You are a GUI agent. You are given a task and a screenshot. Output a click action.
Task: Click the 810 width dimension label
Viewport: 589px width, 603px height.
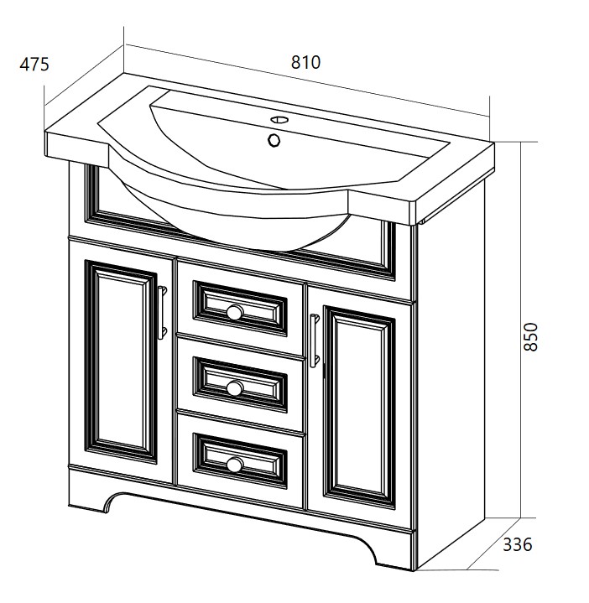pos(305,62)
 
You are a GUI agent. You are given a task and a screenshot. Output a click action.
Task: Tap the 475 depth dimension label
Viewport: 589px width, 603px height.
pos(34,65)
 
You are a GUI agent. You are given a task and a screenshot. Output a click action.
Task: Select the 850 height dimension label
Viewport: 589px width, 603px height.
pos(531,337)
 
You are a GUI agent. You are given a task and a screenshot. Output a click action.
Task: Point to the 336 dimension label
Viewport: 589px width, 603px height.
pos(518,544)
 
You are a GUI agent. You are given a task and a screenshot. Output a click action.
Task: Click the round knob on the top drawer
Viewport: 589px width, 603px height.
pos(234,312)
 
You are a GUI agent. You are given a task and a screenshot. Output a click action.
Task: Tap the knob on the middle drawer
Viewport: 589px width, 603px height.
pos(234,387)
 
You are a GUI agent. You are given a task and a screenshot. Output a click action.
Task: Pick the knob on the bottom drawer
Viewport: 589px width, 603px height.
pos(234,464)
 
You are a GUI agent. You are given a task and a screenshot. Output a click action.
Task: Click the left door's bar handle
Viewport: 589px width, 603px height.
pos(162,313)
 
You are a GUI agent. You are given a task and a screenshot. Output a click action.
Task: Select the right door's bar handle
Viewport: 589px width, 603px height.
pos(315,340)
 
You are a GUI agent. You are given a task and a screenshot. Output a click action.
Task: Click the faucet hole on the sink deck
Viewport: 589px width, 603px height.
pos(279,119)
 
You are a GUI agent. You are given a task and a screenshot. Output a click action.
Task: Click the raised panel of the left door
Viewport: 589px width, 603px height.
pos(121,361)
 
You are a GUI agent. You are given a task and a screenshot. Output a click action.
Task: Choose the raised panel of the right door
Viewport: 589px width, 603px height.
pos(359,408)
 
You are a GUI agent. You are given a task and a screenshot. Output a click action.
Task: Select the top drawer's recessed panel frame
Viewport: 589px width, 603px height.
pos(240,309)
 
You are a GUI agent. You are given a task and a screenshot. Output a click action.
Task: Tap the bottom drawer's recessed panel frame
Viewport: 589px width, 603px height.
pos(240,460)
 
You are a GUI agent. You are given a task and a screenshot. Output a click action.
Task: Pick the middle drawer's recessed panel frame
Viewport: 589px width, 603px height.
pos(240,385)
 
